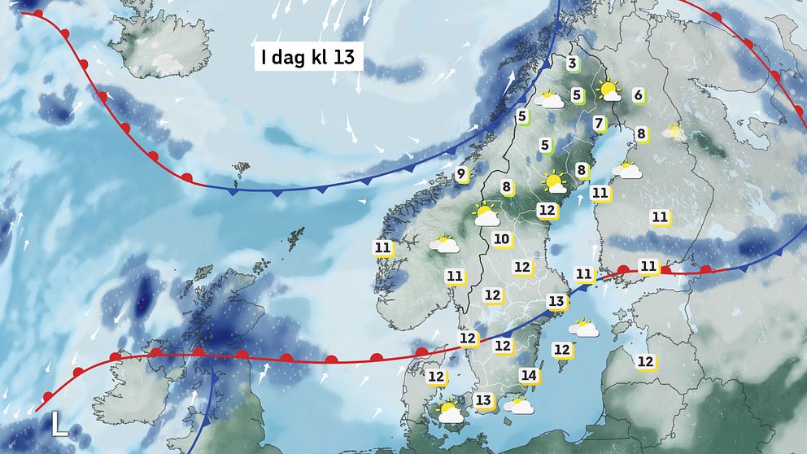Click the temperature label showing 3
pos(572,64)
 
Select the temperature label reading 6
pos(639,95)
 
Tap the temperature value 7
pos(600,124)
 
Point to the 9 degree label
pos(460,173)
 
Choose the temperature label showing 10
pos(501,239)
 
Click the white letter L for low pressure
pos(59,424)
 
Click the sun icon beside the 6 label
pos(609,90)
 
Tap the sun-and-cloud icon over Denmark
pos(448,413)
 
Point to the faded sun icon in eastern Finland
pos(673,130)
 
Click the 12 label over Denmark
pos(437,377)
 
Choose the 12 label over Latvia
pos(646,361)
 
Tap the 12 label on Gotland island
pos(561,349)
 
